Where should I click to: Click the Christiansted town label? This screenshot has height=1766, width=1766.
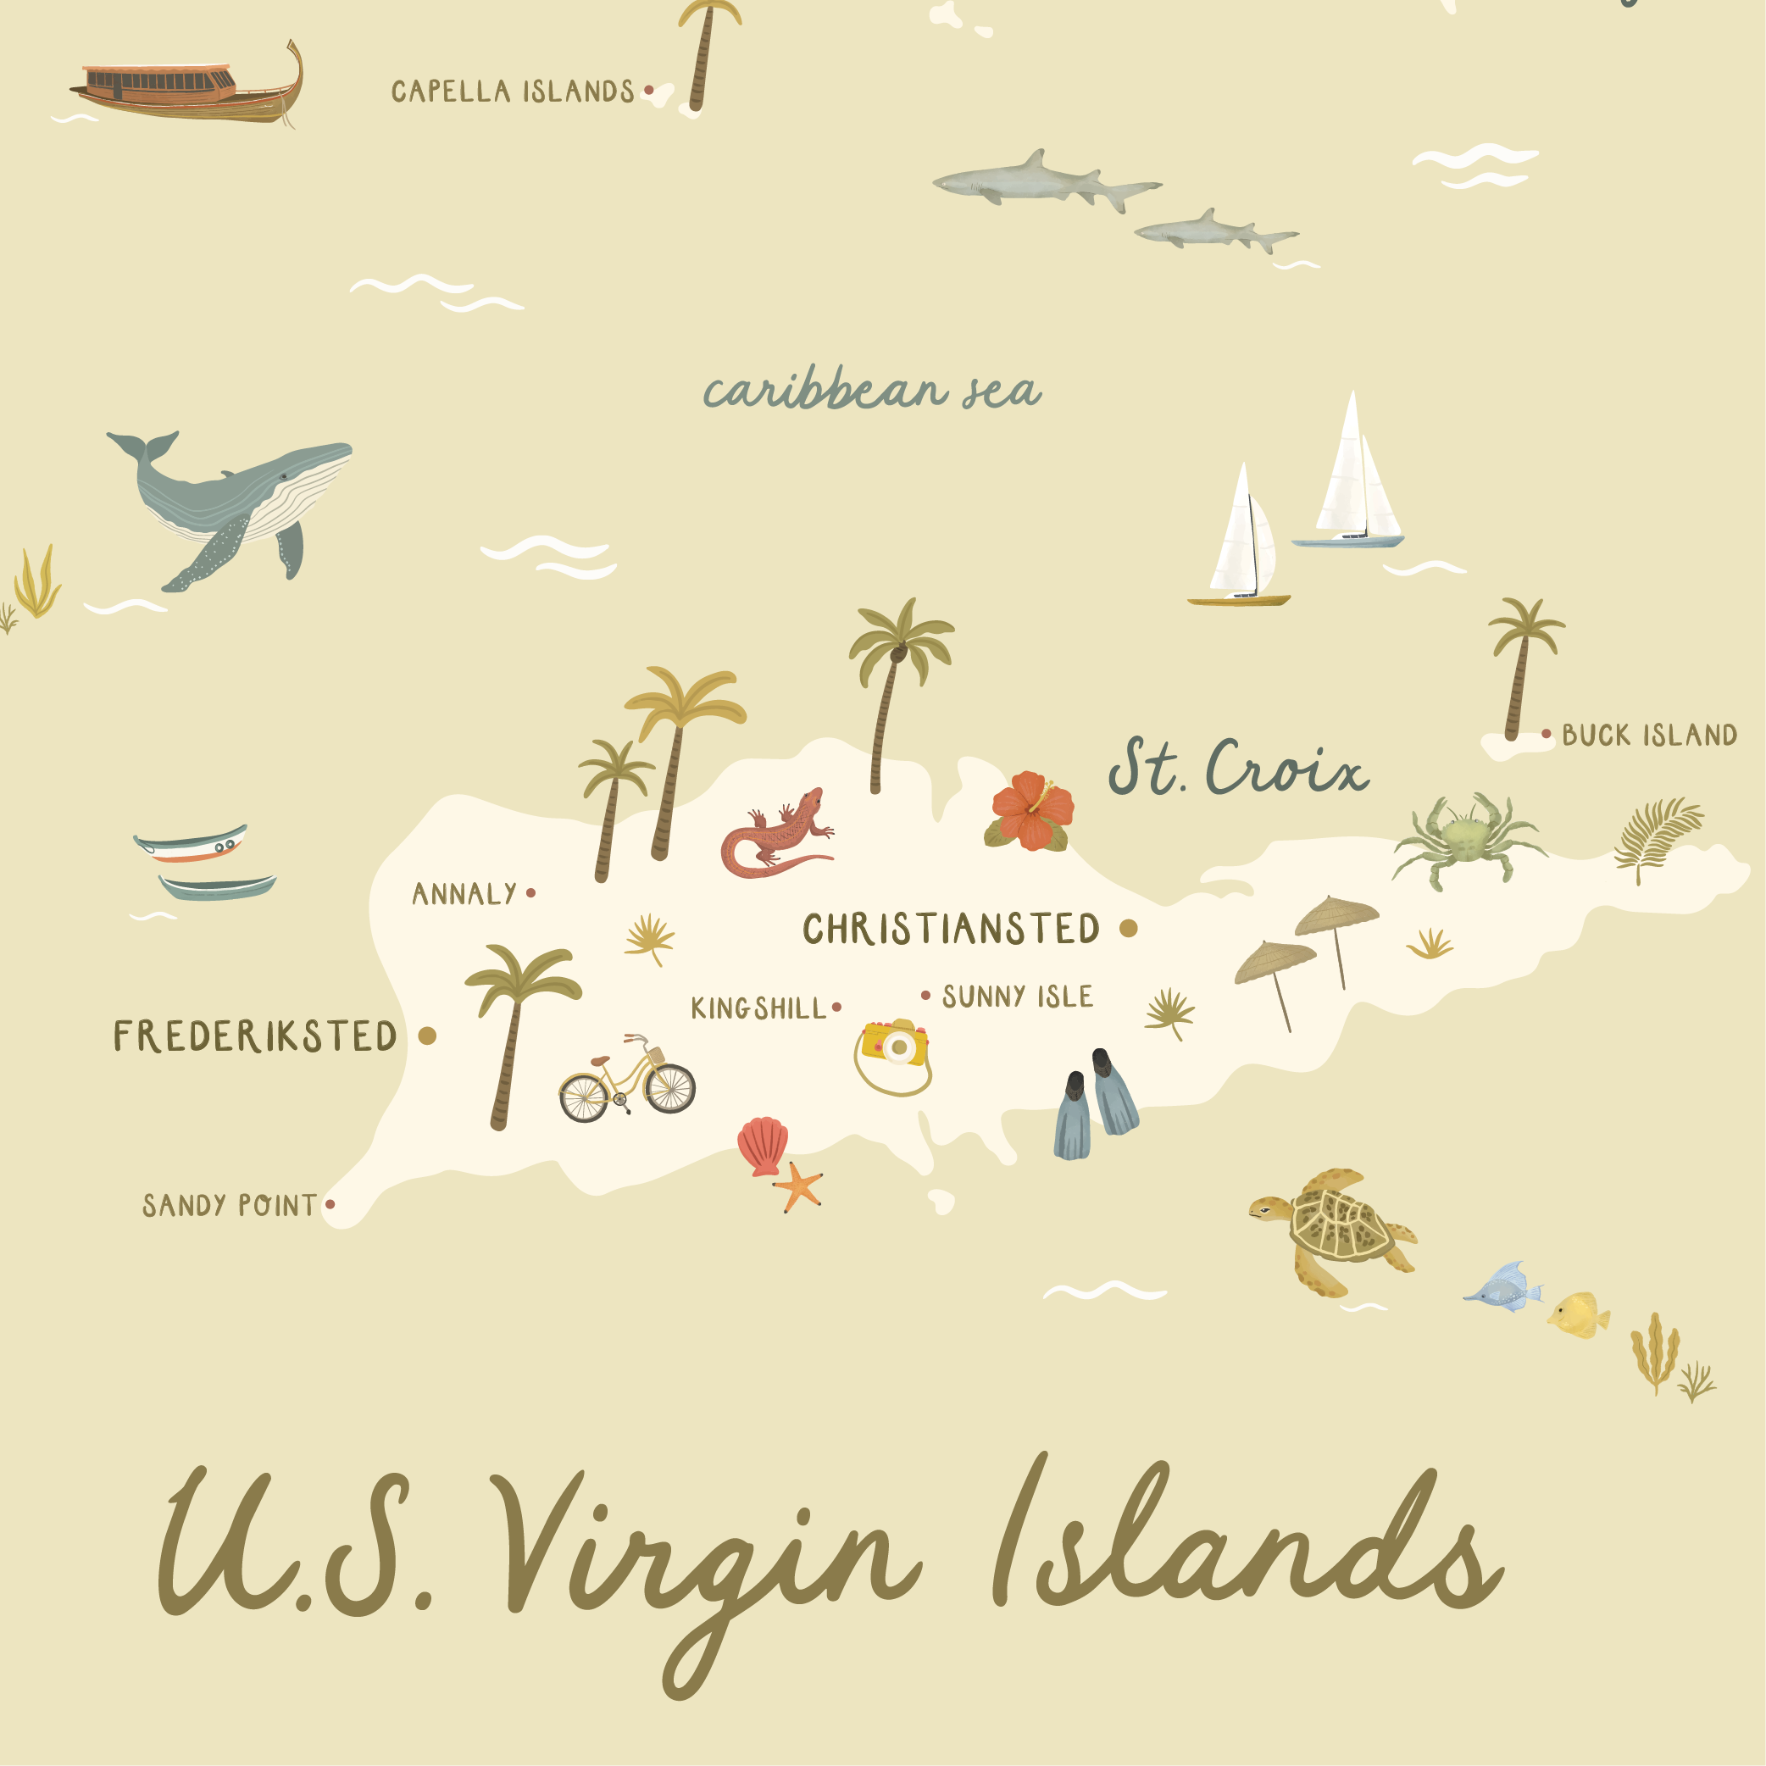[x=951, y=930]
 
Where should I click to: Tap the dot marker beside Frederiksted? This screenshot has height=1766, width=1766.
[x=427, y=1036]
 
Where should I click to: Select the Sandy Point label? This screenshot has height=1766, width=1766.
[x=230, y=1206]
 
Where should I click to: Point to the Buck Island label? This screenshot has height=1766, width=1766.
[x=1649, y=736]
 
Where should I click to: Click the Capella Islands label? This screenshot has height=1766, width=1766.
[x=513, y=92]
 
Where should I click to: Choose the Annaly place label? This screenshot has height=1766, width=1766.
[x=464, y=894]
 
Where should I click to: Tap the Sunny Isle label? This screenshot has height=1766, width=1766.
[x=1018, y=997]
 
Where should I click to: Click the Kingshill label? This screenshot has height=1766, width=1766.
[x=758, y=1008]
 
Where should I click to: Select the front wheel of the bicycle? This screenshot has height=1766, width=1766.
[x=671, y=1088]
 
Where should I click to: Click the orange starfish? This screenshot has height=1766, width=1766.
[x=799, y=1186]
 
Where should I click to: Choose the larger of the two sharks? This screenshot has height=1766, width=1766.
[x=1042, y=181]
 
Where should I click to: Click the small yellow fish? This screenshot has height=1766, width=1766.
[x=1579, y=1314]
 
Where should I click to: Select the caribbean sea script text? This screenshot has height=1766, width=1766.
[x=871, y=392]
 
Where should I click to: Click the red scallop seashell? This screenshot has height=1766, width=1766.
[x=764, y=1145]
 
